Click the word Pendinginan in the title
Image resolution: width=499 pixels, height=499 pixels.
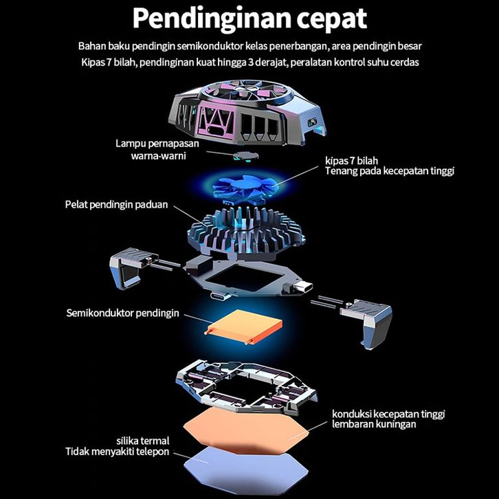click(x=203, y=19)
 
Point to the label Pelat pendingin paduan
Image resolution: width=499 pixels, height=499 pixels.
click(x=117, y=205)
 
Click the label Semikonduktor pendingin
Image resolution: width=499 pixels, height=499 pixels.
click(x=123, y=313)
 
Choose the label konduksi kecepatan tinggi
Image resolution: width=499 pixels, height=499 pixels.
click(x=388, y=414)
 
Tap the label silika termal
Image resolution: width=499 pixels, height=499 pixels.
click(x=143, y=441)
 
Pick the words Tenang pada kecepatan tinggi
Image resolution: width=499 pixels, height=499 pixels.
click(x=390, y=171)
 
